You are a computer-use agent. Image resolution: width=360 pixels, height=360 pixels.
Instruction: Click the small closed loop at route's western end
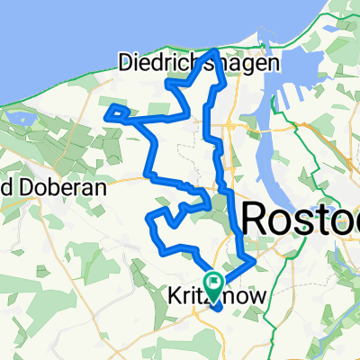117,112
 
